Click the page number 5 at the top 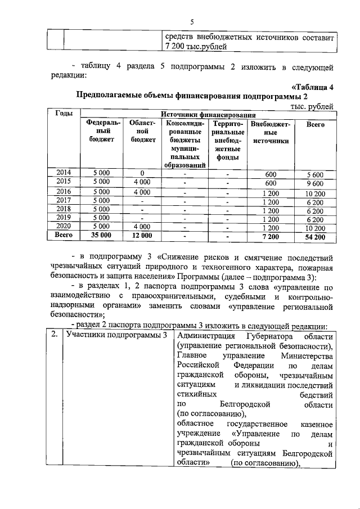(191, 22)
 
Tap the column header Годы (64, 114)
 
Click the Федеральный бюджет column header (101, 131)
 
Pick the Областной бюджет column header (142, 131)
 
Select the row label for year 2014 (64, 173)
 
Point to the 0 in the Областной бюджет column (142, 173)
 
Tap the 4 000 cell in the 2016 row (142, 191)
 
